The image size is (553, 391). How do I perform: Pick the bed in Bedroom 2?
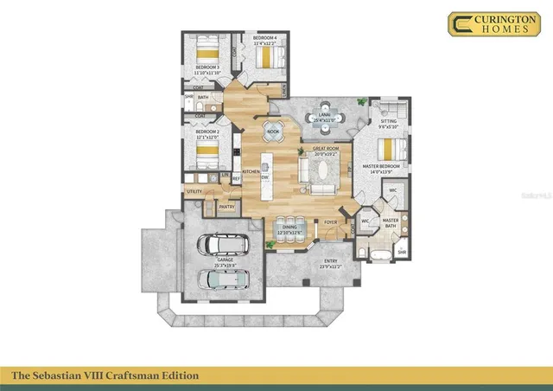tap(208, 154)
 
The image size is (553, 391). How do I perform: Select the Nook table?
tap(273, 131)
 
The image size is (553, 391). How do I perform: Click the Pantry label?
tap(226, 207)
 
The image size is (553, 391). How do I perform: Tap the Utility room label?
tap(194, 191)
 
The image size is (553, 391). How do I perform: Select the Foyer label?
tap(330, 222)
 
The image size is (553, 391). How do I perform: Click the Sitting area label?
tap(388, 121)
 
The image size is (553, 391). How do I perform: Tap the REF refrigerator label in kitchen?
tap(236, 179)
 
